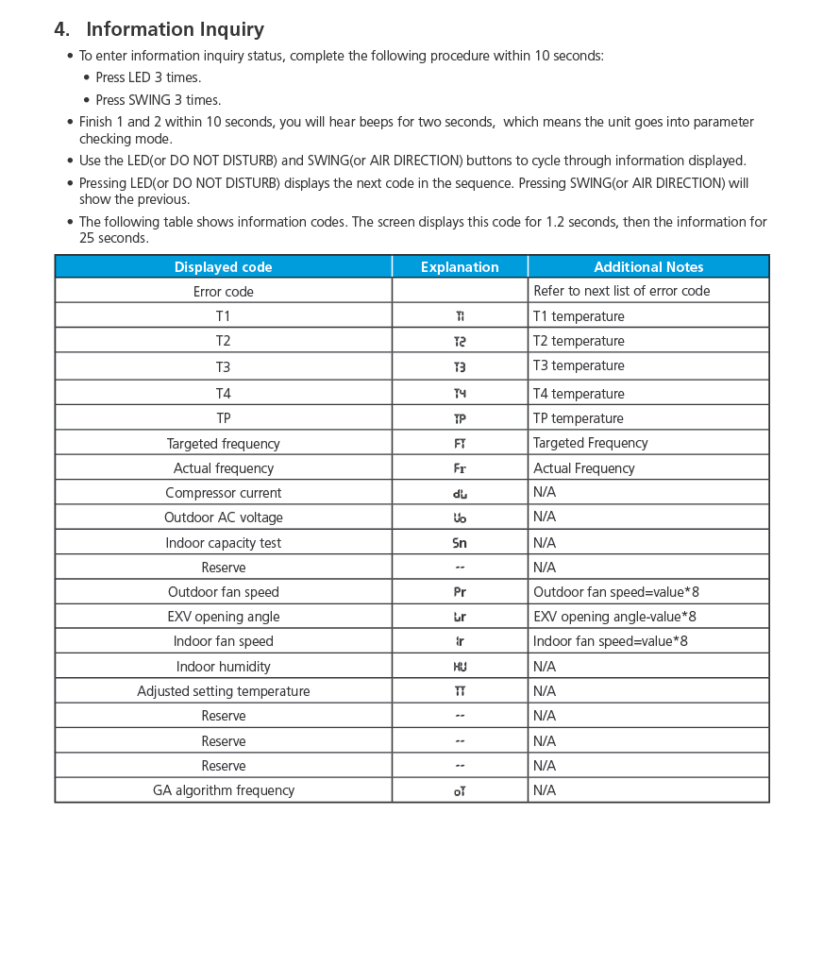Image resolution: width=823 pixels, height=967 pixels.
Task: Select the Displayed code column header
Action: coord(223,267)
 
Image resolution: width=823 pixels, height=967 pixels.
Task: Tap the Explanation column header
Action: coord(460,267)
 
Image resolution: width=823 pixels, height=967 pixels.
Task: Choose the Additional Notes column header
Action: coord(648,267)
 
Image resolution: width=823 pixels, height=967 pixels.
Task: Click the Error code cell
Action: coord(223,292)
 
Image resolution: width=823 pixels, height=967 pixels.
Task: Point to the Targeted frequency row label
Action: coord(223,444)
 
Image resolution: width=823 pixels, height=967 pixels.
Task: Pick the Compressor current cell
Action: coord(223,493)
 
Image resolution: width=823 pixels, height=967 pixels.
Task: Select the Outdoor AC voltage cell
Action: coord(223,517)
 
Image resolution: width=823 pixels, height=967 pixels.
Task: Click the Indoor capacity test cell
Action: coord(223,543)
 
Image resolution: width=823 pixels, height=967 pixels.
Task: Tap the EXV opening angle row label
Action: coord(223,617)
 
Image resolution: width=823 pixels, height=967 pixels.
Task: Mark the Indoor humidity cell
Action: coord(223,667)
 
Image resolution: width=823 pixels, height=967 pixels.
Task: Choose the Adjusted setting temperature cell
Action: coord(223,691)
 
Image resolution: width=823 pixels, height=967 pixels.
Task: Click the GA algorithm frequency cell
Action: coord(223,790)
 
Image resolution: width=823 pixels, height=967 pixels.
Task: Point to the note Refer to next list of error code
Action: coord(621,291)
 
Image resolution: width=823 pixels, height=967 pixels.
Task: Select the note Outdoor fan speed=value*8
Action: coord(615,592)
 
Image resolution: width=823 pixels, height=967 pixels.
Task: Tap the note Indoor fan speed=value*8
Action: coord(610,641)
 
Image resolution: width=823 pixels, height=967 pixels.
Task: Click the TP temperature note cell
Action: coord(578,418)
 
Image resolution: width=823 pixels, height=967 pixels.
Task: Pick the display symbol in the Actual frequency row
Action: coord(460,468)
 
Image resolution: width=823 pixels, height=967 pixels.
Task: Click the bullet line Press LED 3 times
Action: coord(148,77)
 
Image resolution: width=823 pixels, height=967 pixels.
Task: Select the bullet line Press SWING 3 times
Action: coord(158,100)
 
